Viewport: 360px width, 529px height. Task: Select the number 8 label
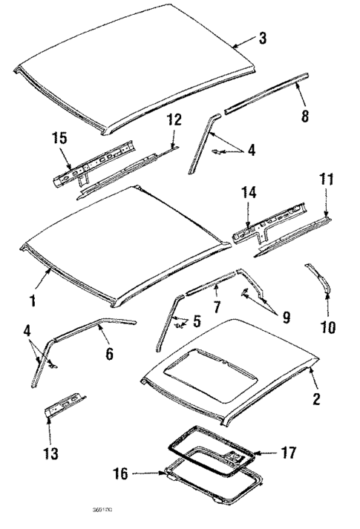coord(305,116)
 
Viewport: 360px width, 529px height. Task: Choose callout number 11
coord(327,180)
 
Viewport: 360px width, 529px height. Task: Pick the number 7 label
coord(215,305)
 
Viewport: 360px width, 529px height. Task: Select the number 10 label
coord(327,326)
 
